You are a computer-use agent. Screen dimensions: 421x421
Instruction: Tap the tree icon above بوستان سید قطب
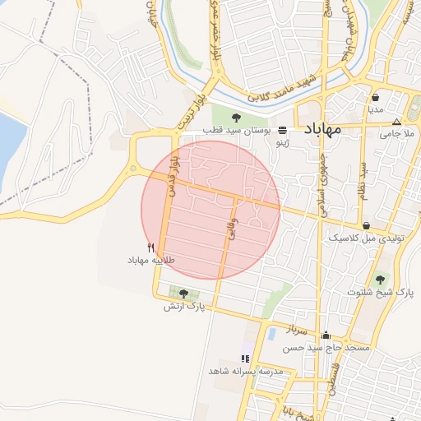point(237,118)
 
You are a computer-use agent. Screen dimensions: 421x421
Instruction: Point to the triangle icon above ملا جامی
point(397,120)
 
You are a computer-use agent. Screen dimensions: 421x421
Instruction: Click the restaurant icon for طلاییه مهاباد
point(150,248)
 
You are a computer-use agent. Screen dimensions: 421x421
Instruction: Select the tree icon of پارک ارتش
point(183,294)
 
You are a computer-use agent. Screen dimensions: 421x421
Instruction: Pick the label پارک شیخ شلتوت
point(381,292)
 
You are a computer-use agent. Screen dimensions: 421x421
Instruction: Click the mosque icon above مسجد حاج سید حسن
point(326,335)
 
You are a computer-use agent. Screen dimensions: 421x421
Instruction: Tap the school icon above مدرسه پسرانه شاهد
point(244,358)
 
